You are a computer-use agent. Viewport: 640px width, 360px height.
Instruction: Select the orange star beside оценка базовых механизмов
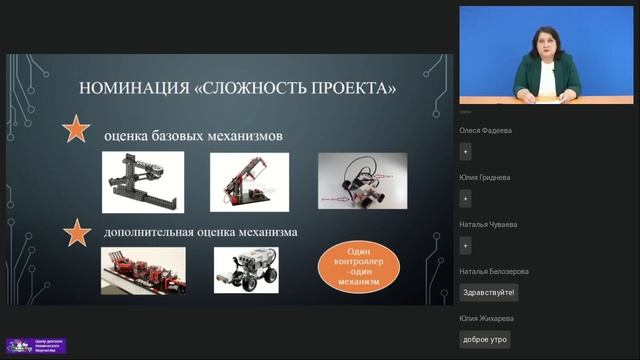77,129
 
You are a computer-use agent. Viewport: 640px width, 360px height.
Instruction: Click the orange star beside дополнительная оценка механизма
77,233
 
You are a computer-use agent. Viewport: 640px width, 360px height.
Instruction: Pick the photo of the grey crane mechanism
143,182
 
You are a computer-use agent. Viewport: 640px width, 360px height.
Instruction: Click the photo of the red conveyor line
143,270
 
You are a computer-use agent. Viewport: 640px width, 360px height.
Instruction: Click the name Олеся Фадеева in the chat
485,129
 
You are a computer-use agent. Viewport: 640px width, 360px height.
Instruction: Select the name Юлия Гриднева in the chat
485,177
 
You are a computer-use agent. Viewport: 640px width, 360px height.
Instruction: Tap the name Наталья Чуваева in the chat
486,224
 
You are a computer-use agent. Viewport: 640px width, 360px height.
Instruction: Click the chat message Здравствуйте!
489,292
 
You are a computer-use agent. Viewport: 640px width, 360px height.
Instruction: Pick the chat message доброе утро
485,339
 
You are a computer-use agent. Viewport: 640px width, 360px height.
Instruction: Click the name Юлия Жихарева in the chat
486,318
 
